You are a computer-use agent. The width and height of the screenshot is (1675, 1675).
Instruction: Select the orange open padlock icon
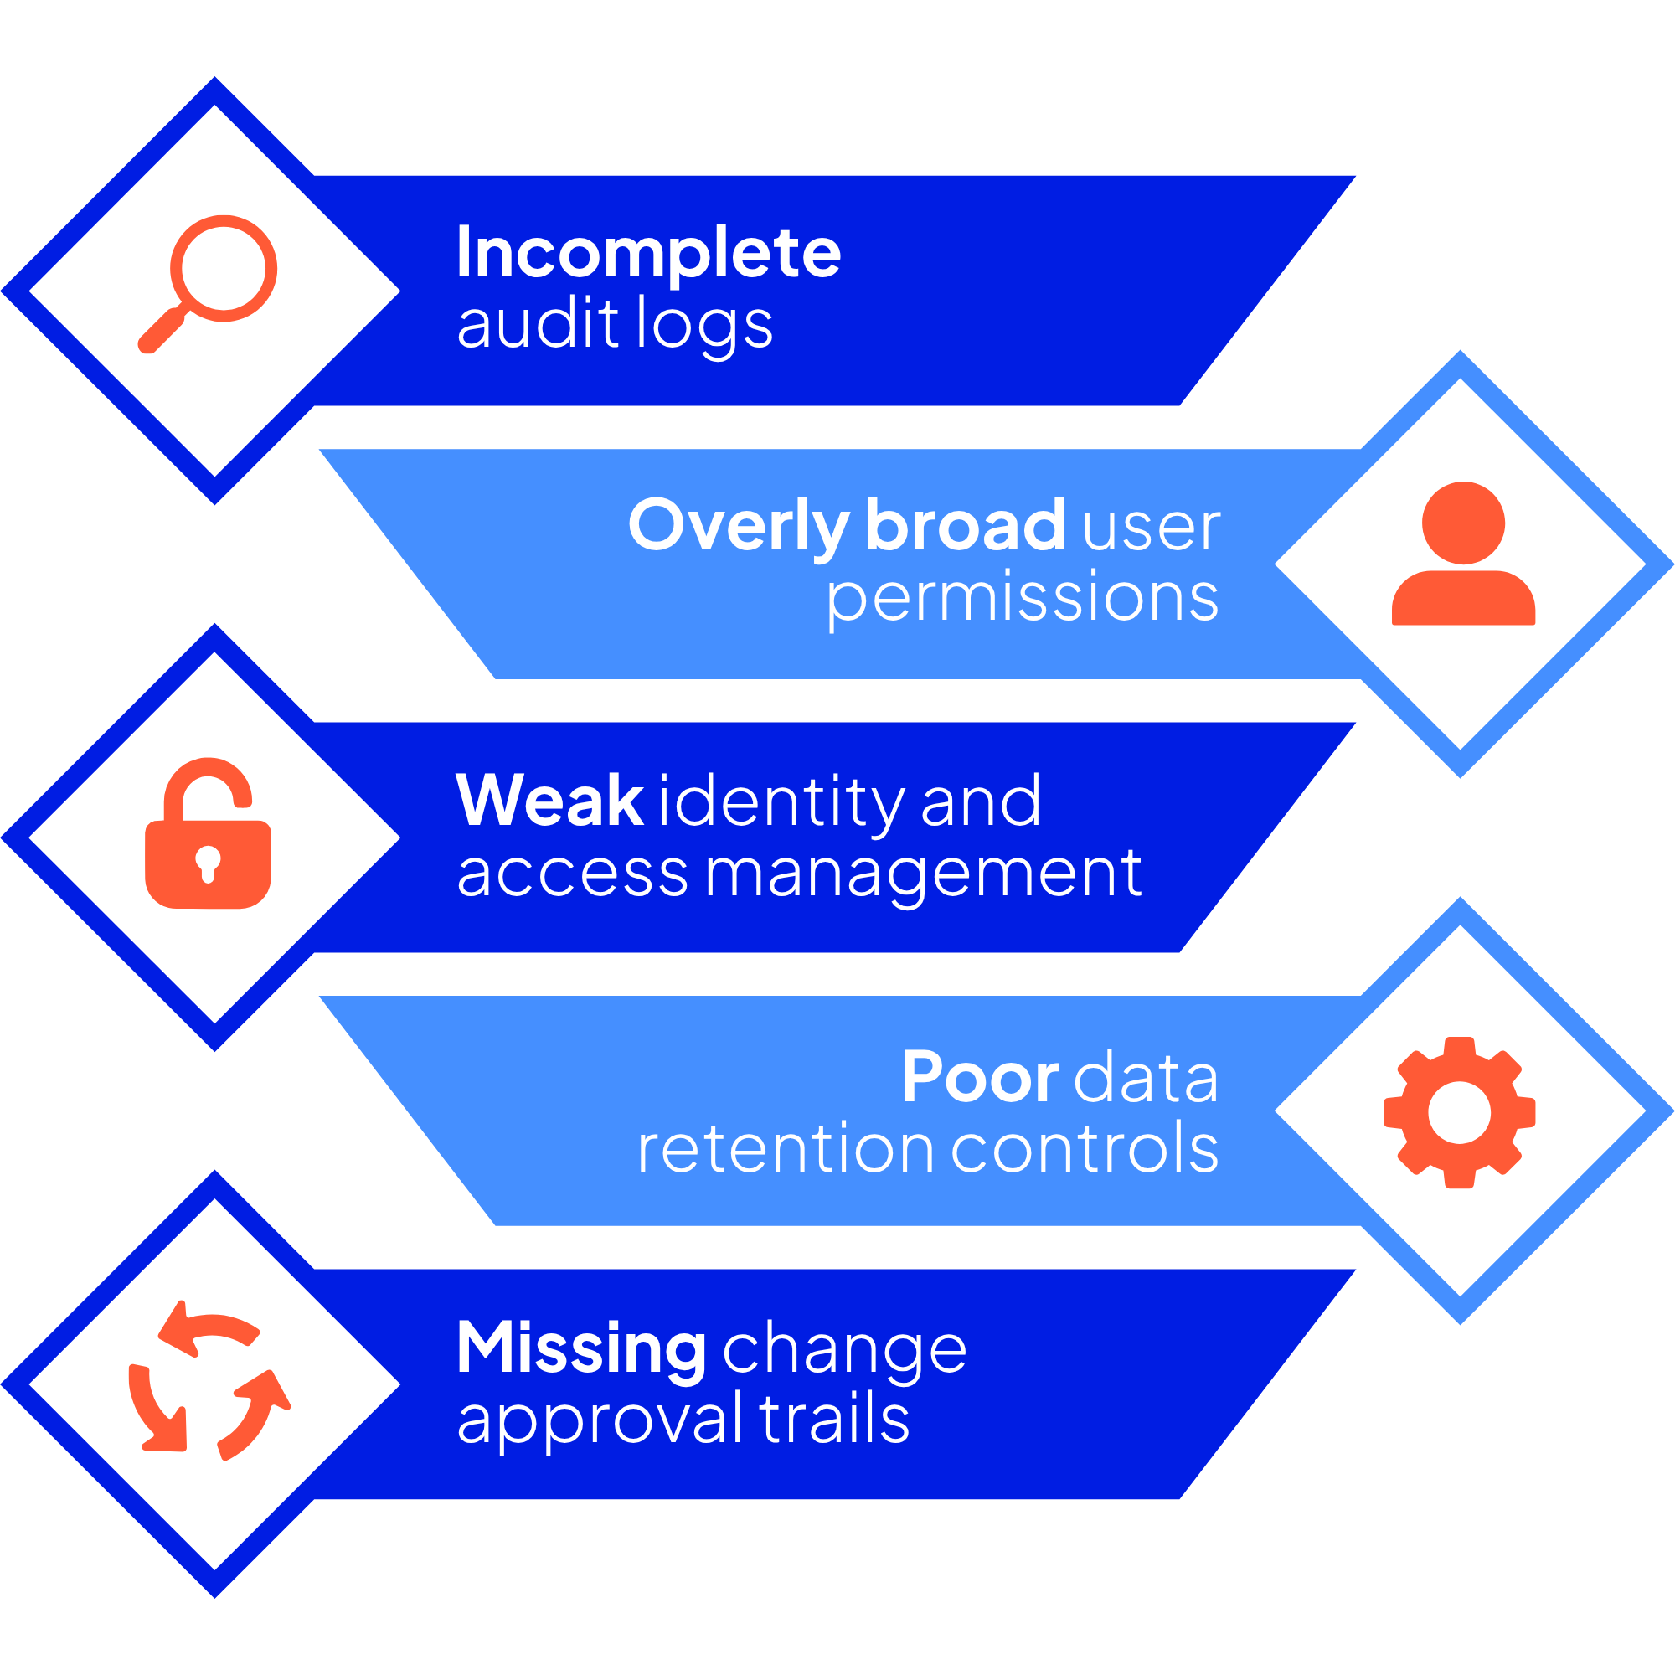click(208, 834)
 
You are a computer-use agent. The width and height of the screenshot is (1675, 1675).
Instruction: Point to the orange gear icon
click(1460, 1112)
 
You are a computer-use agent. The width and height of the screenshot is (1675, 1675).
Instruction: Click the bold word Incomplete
click(648, 253)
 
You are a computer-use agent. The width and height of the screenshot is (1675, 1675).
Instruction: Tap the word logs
click(704, 325)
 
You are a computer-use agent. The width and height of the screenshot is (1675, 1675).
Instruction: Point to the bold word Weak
click(549, 800)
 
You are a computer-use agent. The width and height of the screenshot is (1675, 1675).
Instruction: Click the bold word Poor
click(980, 1078)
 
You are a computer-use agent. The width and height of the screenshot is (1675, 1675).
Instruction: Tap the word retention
click(786, 1150)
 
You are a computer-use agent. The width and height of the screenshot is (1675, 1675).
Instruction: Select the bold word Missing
click(581, 1349)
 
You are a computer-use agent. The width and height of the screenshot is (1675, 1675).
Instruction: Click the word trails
click(835, 1420)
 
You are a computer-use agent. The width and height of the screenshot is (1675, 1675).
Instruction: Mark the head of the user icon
click(1463, 523)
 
